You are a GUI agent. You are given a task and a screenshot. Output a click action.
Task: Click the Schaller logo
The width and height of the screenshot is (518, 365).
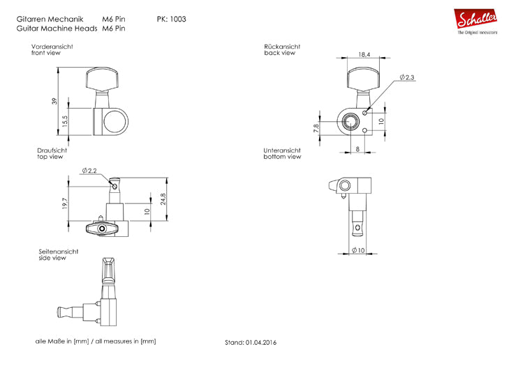pos(478,22)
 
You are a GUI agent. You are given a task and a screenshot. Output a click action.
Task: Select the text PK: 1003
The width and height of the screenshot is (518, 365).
pos(172,19)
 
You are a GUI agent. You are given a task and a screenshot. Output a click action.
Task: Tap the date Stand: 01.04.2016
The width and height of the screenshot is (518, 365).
pos(251,343)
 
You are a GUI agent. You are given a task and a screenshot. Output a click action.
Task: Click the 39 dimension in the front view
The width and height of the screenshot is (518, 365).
pos(54,102)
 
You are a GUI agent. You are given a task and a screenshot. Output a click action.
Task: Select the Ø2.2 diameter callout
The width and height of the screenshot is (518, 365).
pos(89,171)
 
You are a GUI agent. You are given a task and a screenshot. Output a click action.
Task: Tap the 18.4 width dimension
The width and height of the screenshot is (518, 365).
pos(363,54)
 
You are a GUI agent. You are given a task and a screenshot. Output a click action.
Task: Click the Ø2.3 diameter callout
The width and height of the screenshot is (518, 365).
pos(406,77)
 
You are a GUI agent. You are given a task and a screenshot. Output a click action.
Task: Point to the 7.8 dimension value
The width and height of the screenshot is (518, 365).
pos(317,127)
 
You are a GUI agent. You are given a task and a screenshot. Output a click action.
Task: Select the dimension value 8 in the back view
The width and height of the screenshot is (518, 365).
pos(357,148)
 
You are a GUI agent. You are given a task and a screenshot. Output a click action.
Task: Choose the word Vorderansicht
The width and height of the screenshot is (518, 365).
pos(53,47)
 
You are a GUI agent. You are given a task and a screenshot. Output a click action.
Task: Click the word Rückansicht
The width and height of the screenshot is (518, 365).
pos(283,46)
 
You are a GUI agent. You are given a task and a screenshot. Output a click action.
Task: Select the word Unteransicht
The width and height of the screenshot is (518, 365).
pos(283,150)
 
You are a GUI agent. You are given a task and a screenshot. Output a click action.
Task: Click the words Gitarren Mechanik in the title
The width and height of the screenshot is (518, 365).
pos(48,19)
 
